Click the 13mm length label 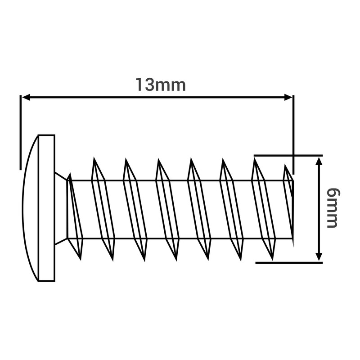[161, 85]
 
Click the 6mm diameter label [333, 208]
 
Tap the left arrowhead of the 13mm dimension [26, 97]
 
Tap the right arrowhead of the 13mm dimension [288, 97]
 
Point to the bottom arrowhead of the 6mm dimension [319, 256]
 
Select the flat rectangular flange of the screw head [47, 208]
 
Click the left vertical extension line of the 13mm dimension [20, 132]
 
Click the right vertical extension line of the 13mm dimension [293, 134]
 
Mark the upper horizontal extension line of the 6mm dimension [288, 156]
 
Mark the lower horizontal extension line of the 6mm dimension [289, 263]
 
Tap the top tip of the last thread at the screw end [285, 165]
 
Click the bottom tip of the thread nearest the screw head [81, 260]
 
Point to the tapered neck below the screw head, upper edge [61, 176]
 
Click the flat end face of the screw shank [293, 209]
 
